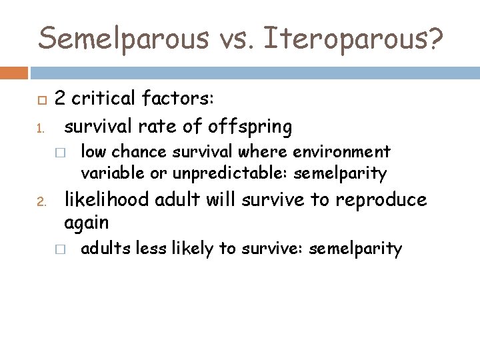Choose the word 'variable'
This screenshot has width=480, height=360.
[x=106, y=174]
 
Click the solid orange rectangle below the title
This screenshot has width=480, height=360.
[x=13, y=71]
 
